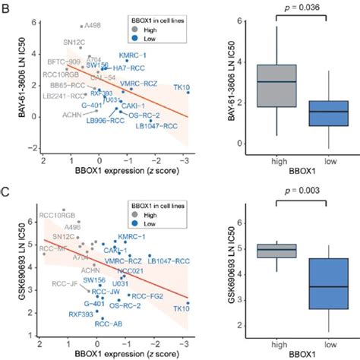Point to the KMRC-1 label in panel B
tap(135, 55)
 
